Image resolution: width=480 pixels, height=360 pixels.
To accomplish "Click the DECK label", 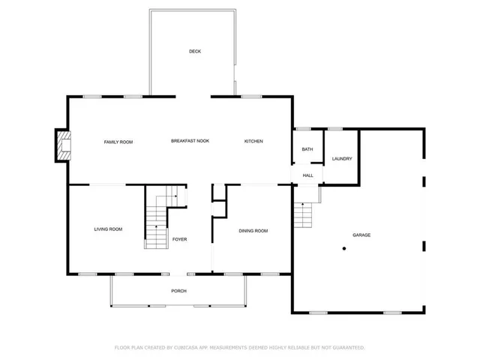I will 195,51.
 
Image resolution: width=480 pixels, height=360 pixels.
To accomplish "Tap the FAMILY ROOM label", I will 118,142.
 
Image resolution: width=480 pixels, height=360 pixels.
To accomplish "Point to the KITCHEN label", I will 253,142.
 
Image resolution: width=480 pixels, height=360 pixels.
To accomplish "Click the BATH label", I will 307,149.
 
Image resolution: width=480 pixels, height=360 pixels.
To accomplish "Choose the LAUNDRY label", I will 342,159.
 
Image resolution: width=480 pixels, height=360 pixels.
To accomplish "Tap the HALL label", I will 307,175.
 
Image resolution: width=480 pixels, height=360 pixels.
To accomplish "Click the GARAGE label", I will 361,235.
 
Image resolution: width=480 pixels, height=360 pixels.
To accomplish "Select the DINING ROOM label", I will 253,231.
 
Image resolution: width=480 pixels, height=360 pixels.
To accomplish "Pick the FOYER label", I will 179,239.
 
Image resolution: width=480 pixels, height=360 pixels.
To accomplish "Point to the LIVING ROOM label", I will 108,229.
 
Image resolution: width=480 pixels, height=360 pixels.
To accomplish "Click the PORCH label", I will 178,291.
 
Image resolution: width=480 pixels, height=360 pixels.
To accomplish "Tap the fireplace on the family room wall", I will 62,145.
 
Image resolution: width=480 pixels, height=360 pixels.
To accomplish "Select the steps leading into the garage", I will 302,215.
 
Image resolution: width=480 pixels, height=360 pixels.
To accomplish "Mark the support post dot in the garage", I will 344,248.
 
